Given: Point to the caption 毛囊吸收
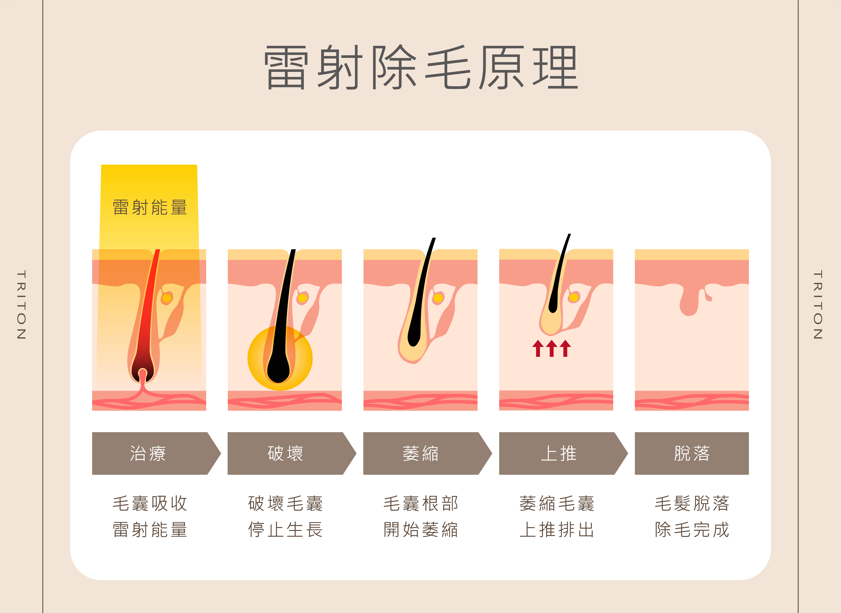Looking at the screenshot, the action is tap(150, 504).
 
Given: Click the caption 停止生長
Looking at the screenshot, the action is tap(285, 529).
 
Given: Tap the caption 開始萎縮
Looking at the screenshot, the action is tap(421, 529).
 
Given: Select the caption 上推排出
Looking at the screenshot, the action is tap(557, 529).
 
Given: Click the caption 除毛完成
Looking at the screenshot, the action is tap(692, 529).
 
